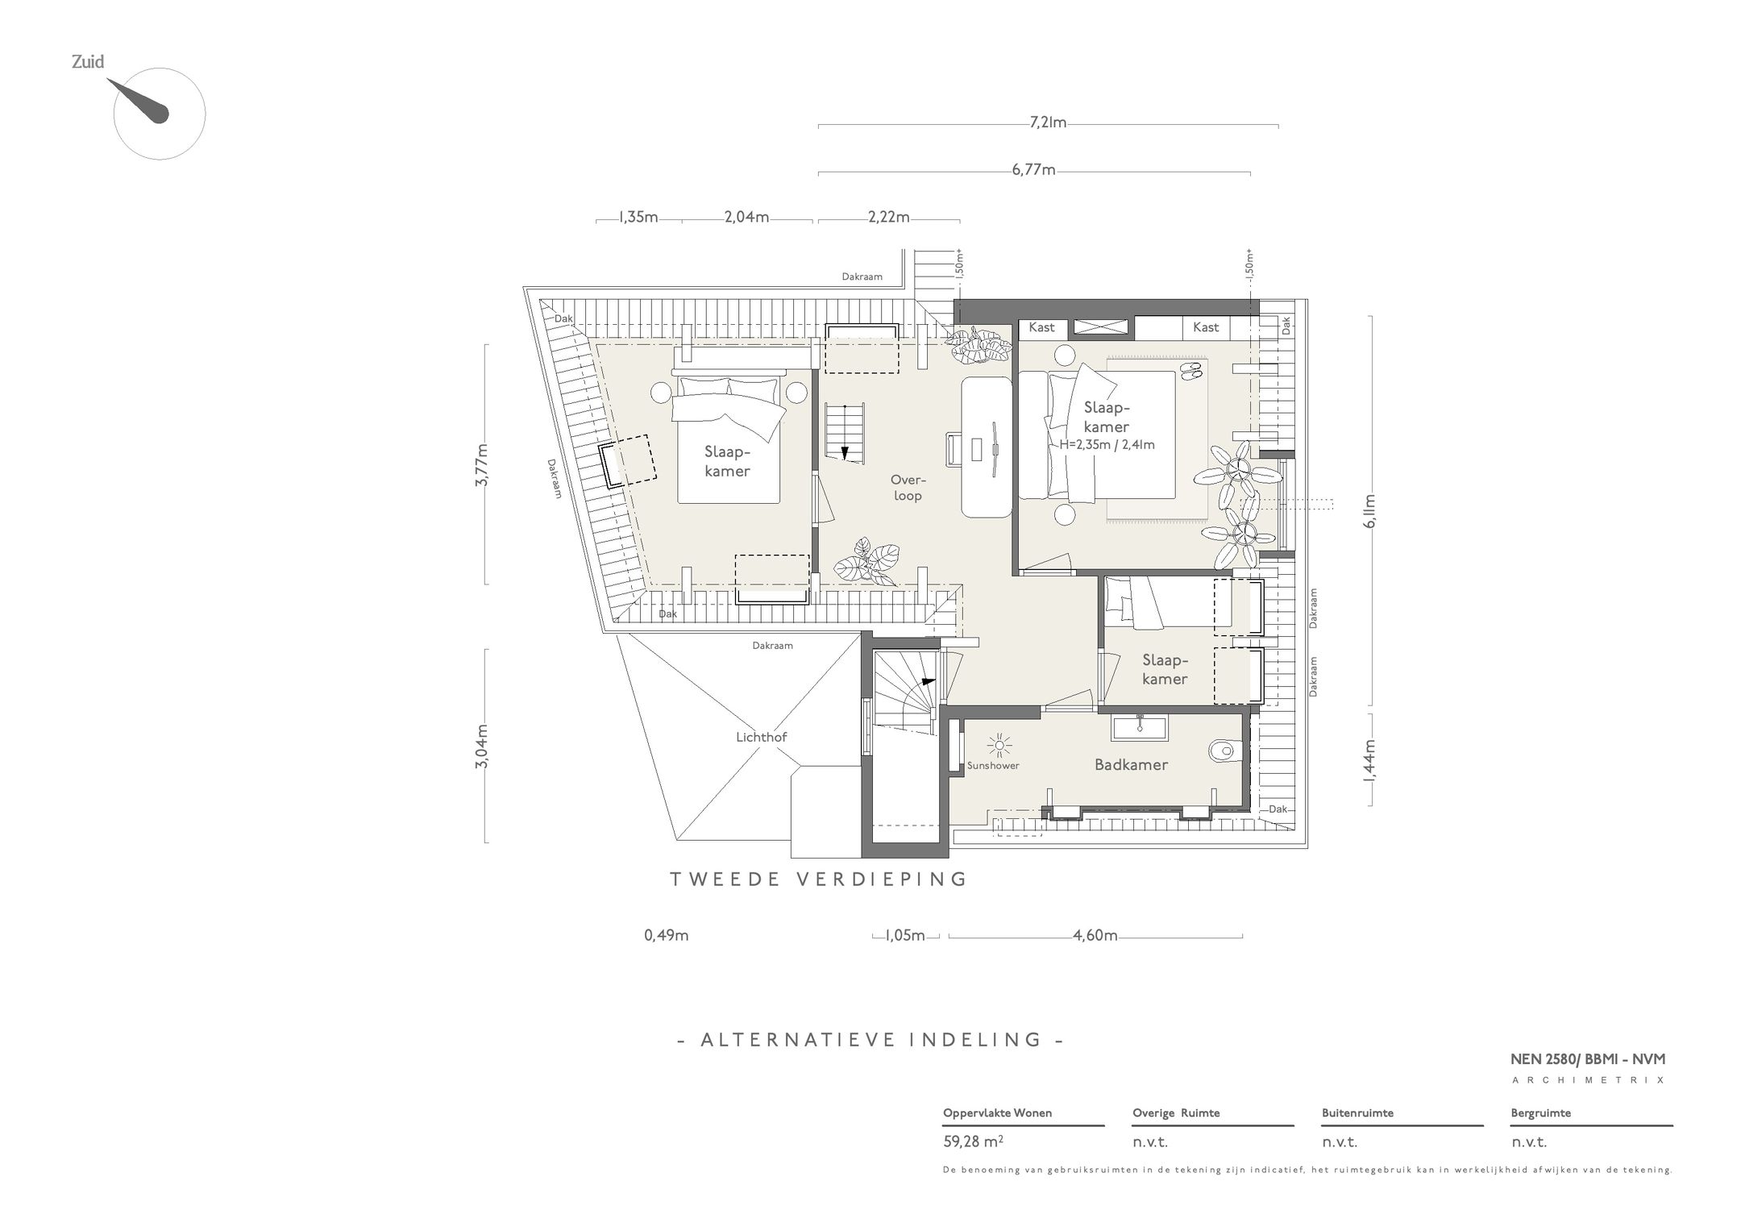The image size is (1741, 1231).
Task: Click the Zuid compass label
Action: (88, 61)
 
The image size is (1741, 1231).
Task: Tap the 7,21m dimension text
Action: (1048, 123)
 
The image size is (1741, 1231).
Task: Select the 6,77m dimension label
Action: (1034, 170)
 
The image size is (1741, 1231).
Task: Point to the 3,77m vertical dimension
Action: (481, 464)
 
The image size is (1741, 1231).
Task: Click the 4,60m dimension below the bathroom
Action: (1095, 935)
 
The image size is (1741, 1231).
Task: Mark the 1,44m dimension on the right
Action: (1369, 760)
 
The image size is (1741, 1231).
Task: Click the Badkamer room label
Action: (1131, 764)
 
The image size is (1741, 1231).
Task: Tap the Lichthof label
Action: (761, 737)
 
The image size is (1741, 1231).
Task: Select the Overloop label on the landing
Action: (907, 487)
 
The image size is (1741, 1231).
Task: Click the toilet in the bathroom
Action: (1221, 751)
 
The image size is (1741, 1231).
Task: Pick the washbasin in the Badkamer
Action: (1141, 727)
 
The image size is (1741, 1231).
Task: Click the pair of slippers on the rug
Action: (1191, 370)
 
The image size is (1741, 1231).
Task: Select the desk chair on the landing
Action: (953, 448)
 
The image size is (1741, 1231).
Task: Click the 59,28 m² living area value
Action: (973, 1142)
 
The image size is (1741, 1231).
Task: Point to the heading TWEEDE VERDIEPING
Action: (819, 879)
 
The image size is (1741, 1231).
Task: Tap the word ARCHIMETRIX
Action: (1588, 1080)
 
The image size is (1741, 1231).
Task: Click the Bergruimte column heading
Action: (1540, 1113)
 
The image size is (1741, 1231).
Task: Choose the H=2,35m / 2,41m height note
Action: (1107, 444)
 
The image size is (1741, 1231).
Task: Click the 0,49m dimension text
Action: (667, 935)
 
